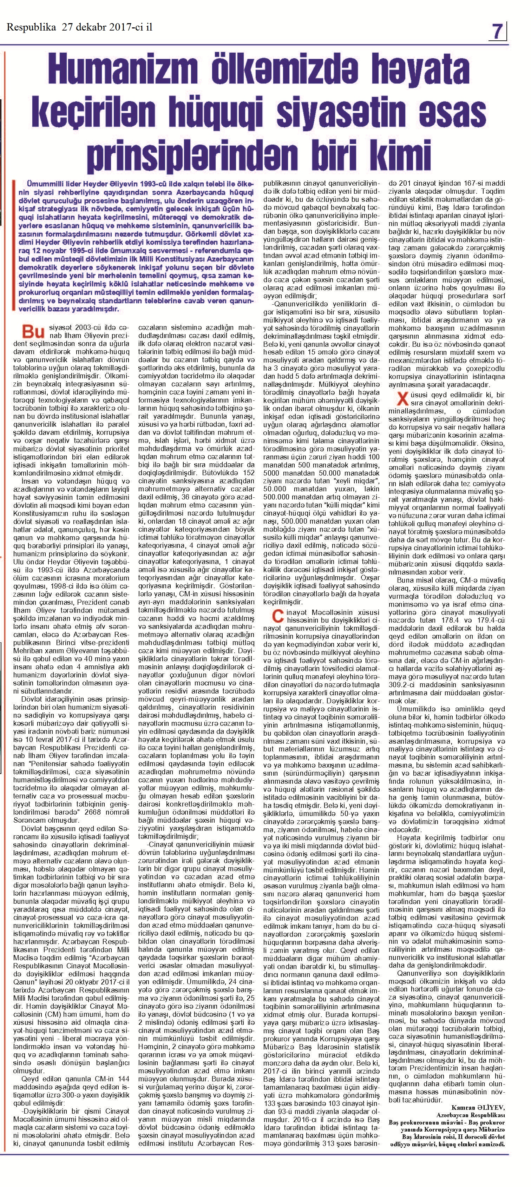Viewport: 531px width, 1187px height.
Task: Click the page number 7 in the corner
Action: pyautogui.click(x=497, y=31)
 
